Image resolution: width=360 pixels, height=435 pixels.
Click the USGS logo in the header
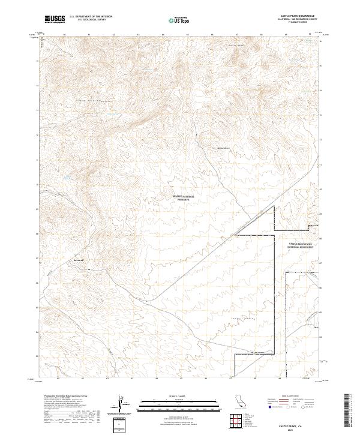coord(55,19)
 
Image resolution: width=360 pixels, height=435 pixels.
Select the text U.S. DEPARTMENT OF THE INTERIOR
coord(91,17)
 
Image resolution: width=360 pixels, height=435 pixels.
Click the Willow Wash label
coord(223,147)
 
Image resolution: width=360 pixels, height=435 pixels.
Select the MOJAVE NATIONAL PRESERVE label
coord(184,197)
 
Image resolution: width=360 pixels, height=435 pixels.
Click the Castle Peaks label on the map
coord(238,45)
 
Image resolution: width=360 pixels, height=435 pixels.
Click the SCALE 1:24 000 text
coord(179,395)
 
